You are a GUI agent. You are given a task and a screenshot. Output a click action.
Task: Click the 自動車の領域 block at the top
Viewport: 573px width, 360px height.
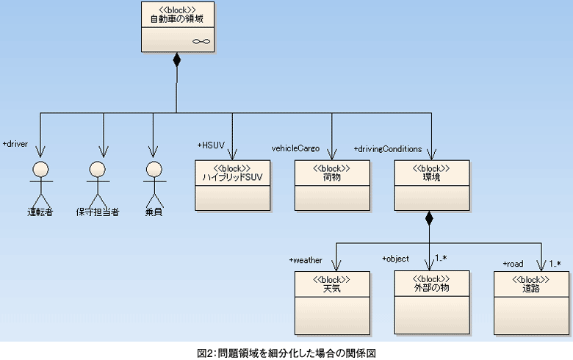pos(176,27)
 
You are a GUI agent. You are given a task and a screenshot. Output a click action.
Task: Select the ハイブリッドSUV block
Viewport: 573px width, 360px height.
pos(231,184)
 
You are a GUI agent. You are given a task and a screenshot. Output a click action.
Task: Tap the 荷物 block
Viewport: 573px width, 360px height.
pos(331,184)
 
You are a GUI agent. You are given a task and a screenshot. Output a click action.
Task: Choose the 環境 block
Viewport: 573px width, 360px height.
pos(431,184)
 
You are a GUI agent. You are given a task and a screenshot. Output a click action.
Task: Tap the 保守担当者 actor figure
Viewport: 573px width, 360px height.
pos(97,184)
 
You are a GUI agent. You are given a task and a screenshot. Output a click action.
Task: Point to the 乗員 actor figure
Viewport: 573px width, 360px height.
pos(153,184)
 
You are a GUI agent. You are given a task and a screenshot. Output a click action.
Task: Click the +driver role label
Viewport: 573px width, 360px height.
pos(15,144)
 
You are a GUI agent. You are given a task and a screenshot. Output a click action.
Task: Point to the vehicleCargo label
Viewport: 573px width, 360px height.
pos(295,148)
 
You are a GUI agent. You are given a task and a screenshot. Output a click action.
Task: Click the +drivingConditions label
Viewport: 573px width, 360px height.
pos(388,148)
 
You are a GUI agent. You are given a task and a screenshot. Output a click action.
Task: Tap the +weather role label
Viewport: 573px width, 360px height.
pos(306,260)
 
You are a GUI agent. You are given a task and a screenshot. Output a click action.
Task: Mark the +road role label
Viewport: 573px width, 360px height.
pos(513,263)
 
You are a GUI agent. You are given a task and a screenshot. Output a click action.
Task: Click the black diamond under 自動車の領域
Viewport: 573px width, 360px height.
pos(176,60)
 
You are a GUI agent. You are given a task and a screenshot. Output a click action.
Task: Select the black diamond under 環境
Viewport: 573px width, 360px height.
pos(430,218)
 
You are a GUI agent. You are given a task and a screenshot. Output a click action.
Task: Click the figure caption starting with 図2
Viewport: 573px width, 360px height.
pos(286,353)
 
